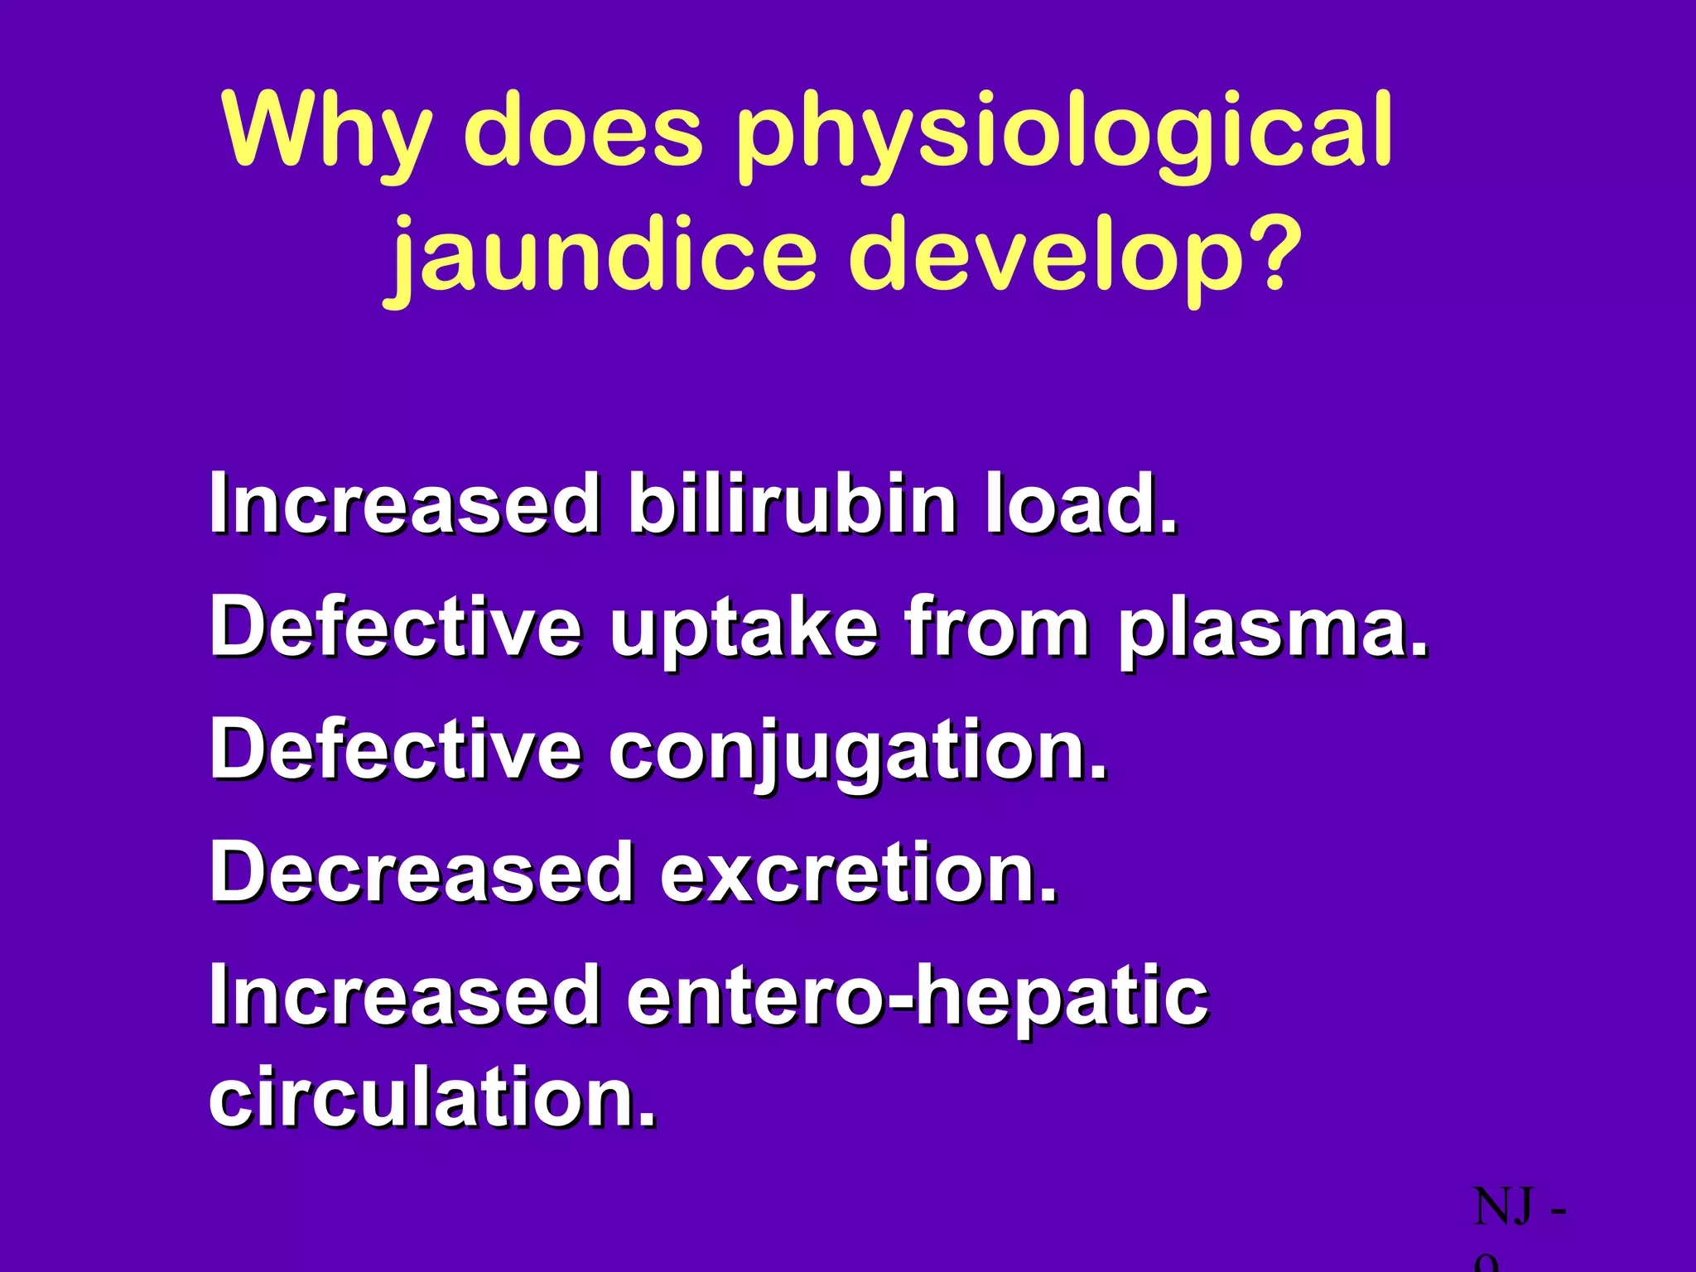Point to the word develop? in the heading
pos(1068,257)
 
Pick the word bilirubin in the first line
pos(791,503)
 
